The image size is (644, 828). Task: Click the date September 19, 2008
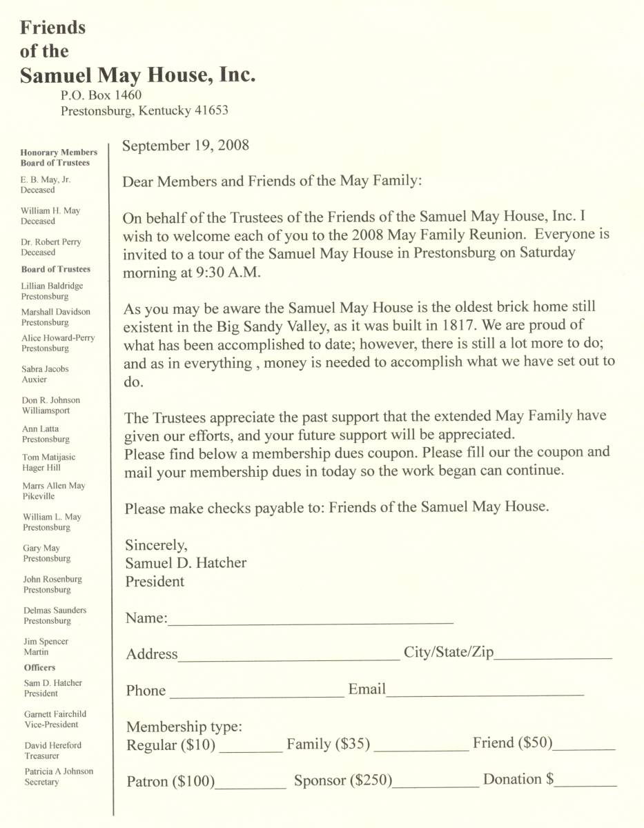(x=186, y=146)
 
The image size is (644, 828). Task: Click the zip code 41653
(x=211, y=110)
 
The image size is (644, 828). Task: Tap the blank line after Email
(x=485, y=693)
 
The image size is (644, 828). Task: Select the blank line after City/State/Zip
(x=553, y=657)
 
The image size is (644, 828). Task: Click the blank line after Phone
(x=256, y=695)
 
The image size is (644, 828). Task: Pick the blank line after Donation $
(x=586, y=784)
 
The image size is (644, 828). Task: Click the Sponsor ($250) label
(x=343, y=781)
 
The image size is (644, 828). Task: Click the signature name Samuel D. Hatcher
(x=186, y=563)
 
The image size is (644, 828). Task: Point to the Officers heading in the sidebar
(x=39, y=667)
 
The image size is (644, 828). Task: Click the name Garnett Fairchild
(x=55, y=714)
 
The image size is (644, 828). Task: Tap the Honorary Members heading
(x=59, y=152)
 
